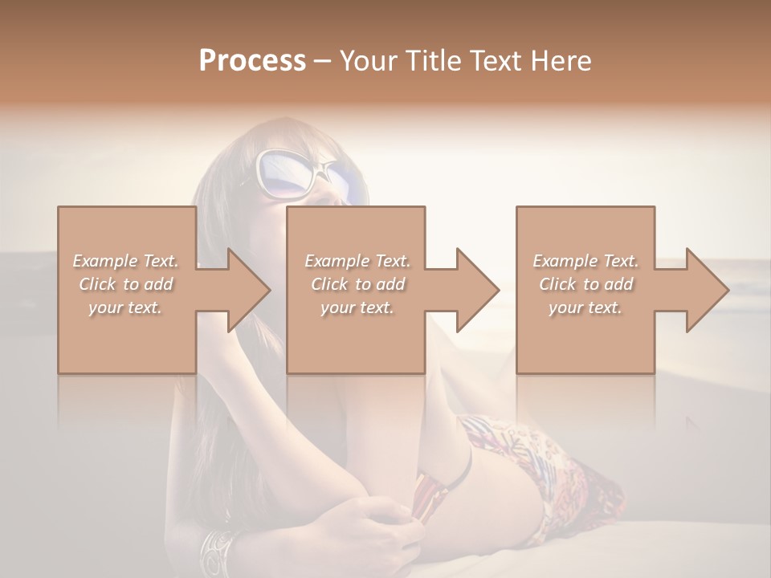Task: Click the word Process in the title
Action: point(252,61)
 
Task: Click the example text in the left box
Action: point(125,284)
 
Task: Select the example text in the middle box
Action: point(357,284)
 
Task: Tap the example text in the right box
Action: point(585,284)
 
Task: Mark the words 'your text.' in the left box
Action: point(125,307)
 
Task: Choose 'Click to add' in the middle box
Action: point(357,284)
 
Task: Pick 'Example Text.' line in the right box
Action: point(585,261)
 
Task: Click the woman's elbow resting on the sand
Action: point(193,498)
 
